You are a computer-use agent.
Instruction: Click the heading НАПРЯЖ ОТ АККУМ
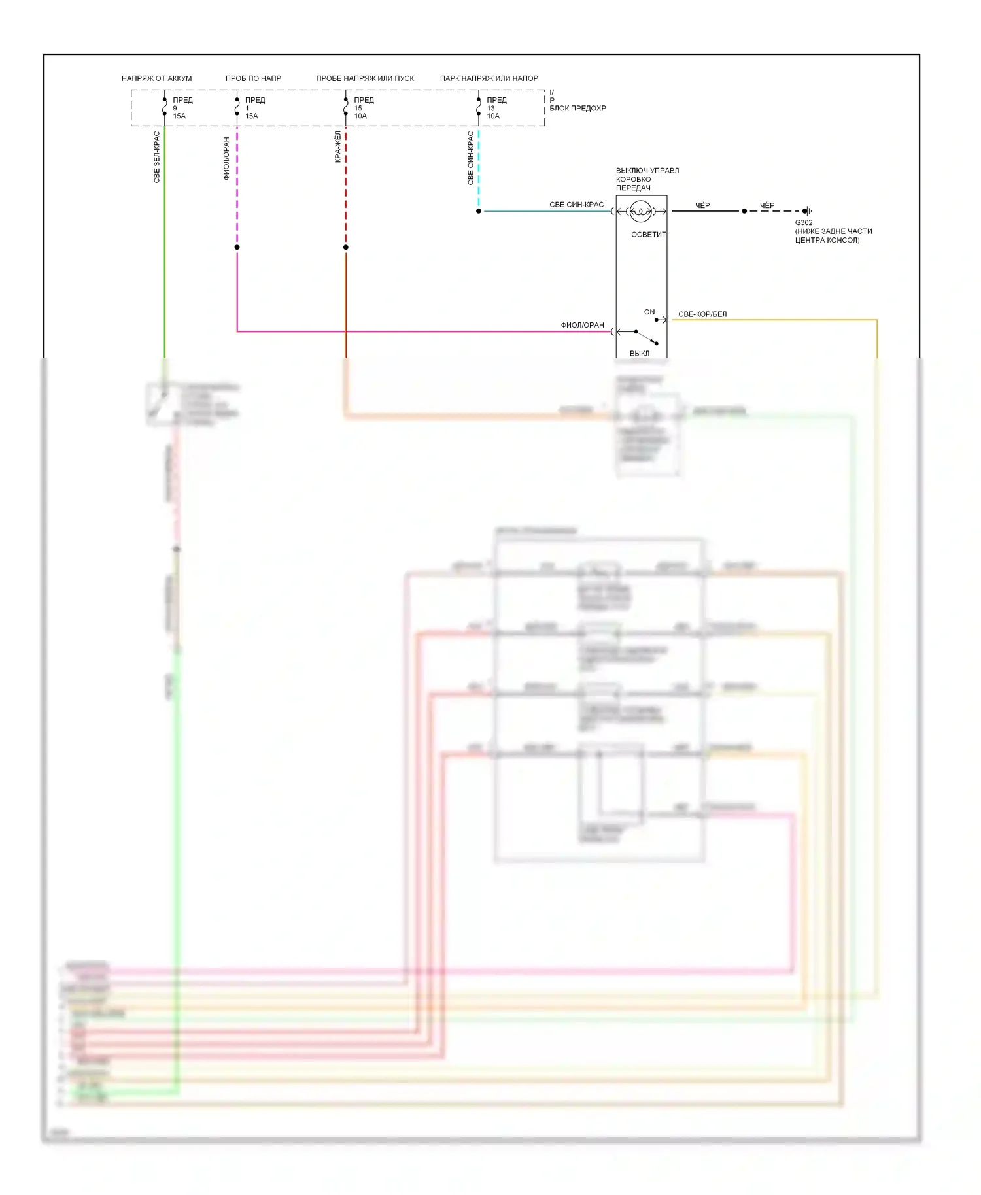pos(156,78)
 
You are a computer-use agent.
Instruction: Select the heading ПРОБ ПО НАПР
pos(253,78)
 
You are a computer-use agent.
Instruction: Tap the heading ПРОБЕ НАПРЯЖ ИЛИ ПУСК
pos(365,78)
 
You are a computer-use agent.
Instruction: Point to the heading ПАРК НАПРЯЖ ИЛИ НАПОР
pos(489,78)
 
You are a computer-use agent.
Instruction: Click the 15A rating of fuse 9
pos(179,116)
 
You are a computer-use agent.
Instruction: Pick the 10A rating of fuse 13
pos(493,116)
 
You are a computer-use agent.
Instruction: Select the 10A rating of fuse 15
pos(360,116)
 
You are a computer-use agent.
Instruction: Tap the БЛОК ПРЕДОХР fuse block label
pos(577,109)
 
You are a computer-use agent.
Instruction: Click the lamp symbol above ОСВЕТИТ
pos(640,211)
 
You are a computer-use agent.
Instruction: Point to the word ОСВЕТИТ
pos(648,235)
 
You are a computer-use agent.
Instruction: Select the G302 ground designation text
pos(804,223)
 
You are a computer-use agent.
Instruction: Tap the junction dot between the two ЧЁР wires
pos(744,211)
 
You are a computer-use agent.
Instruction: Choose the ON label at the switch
pos(649,312)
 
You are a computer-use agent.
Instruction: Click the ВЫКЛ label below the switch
pos(640,354)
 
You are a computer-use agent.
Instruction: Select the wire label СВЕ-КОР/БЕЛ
pos(702,314)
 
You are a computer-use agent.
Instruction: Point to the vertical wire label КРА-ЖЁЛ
pos(337,146)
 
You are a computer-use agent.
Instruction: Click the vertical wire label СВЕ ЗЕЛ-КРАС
pos(157,157)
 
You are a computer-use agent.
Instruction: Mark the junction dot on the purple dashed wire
pos(237,247)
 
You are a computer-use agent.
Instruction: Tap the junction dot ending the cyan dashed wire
pos(479,211)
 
